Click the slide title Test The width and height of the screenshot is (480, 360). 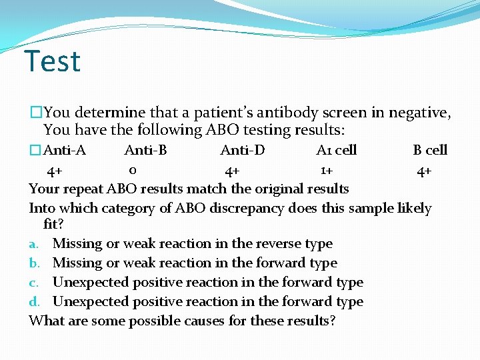pyautogui.click(x=52, y=61)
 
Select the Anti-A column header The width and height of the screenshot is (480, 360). pyautogui.click(x=64, y=150)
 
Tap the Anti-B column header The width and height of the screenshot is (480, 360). pyautogui.click(x=145, y=150)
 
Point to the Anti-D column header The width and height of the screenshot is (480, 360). pyautogui.click(x=242, y=150)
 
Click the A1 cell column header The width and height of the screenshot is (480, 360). pyautogui.click(x=336, y=150)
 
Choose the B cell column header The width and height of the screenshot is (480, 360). pyautogui.click(x=430, y=150)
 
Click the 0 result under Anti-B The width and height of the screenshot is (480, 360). pyautogui.click(x=133, y=170)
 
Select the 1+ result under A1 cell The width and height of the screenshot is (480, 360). pyautogui.click(x=326, y=171)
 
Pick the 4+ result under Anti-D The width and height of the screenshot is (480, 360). pyautogui.click(x=233, y=172)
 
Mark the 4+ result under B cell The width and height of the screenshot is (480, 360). pyautogui.click(x=424, y=172)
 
